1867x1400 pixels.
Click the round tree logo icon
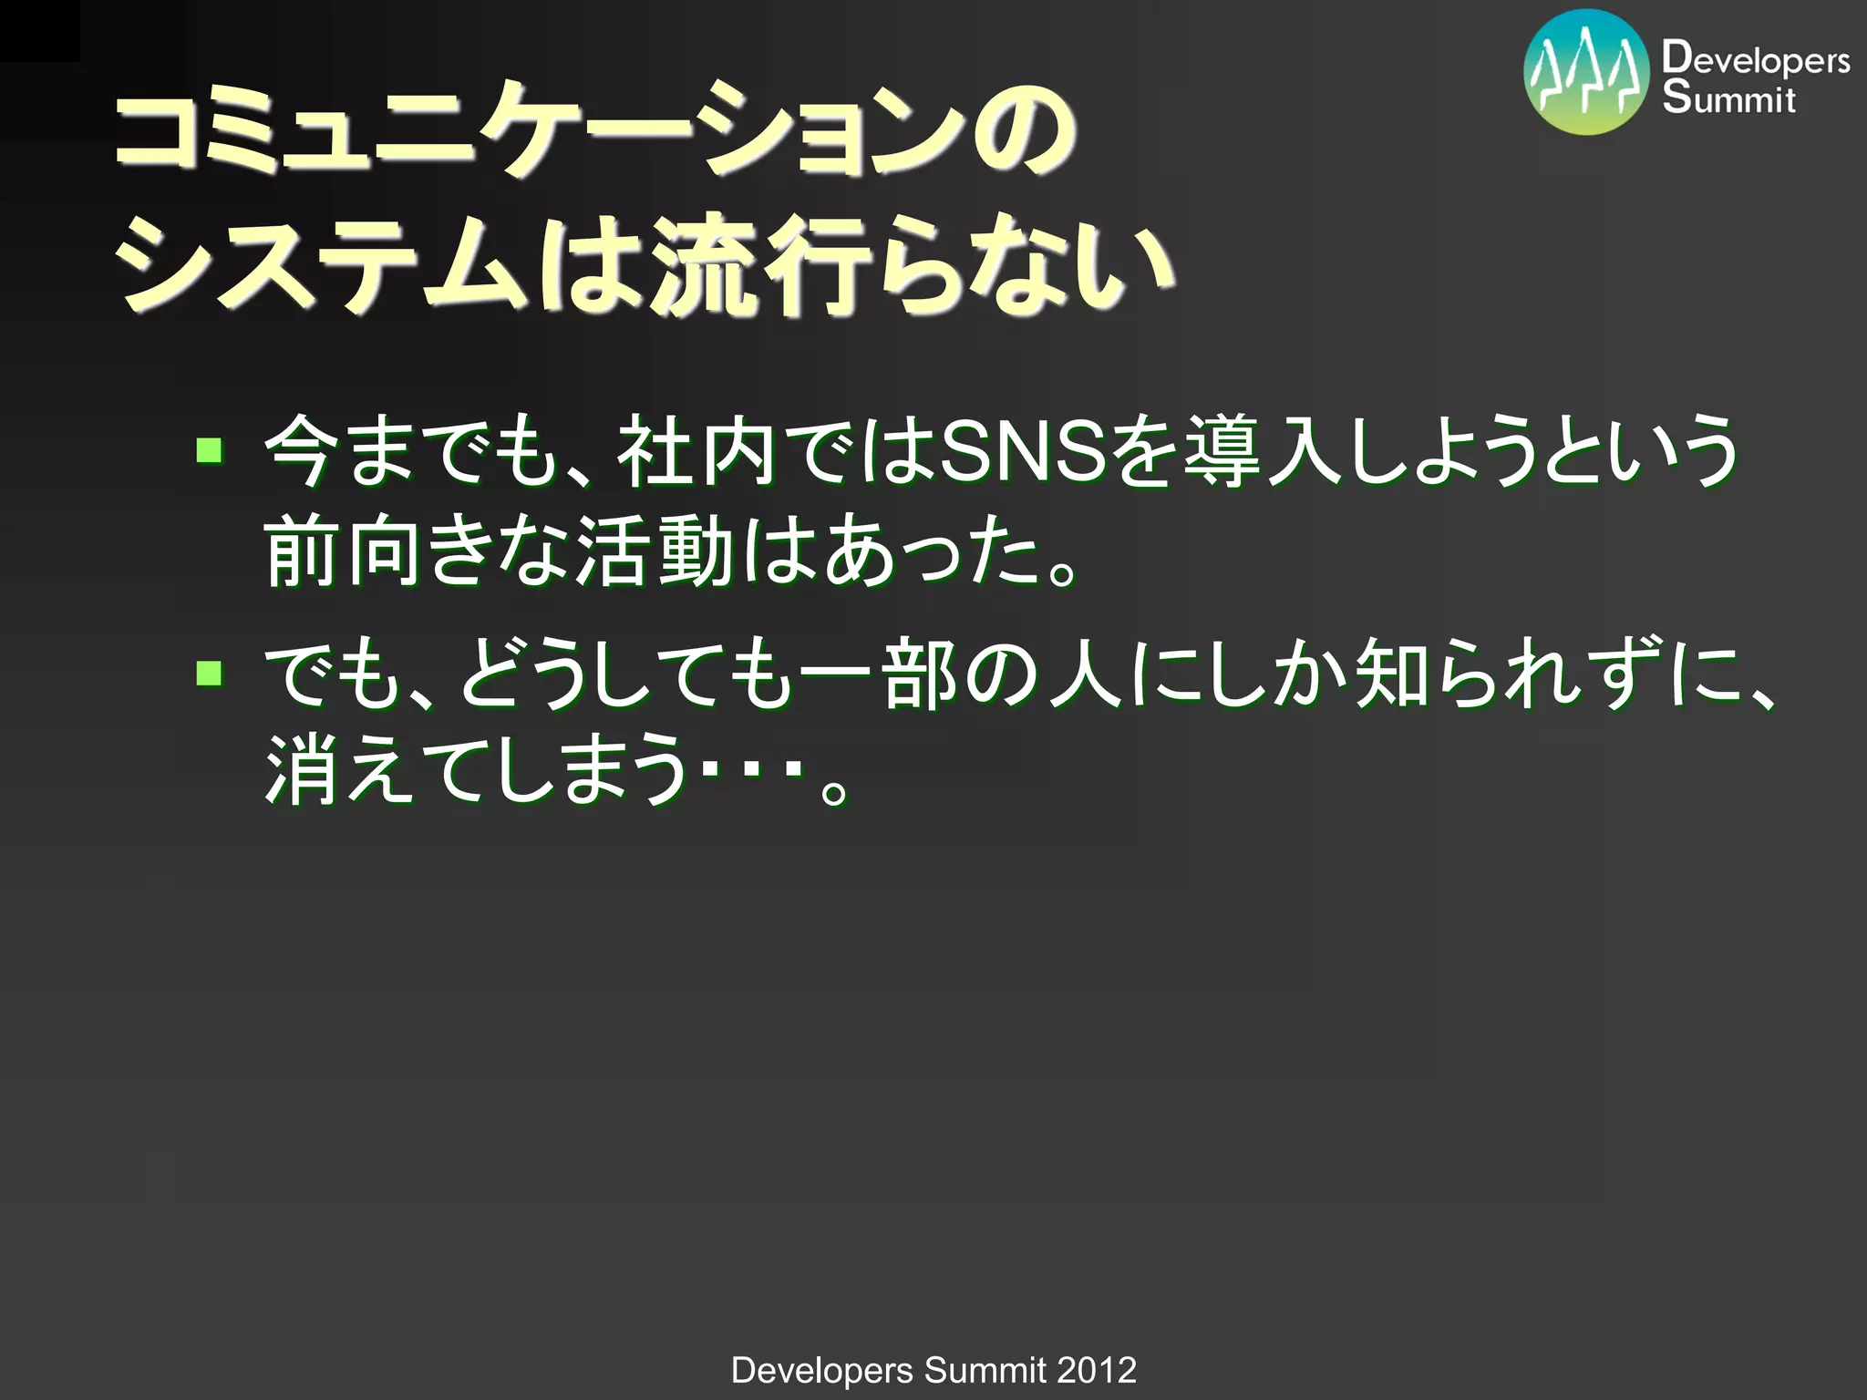click(1586, 73)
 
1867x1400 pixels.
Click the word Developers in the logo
click(1755, 59)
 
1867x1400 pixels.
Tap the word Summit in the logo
click(1728, 98)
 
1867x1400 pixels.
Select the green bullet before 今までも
click(210, 449)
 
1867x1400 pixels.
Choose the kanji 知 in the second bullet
click(1392, 676)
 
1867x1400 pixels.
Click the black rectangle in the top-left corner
click(39, 30)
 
